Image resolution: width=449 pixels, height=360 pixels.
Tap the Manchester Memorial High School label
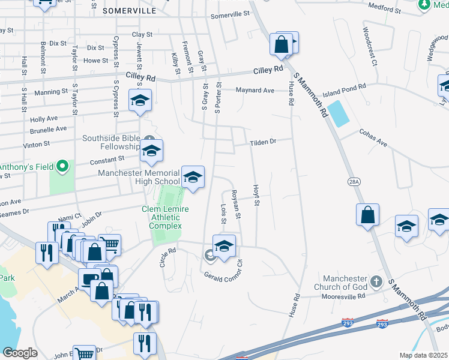coord(139,177)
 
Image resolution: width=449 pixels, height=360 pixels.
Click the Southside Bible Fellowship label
coord(111,142)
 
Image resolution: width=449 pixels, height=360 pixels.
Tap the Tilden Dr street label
coord(263,142)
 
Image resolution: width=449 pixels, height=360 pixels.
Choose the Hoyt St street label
coord(256,196)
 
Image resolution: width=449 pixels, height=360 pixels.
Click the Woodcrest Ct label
coord(369,46)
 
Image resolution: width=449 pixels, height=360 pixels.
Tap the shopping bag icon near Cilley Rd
coord(281,44)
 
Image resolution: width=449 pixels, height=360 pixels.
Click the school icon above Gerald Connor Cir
coord(224,247)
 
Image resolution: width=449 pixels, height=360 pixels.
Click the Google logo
coord(20,353)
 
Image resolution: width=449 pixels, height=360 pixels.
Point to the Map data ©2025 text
coord(423,355)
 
